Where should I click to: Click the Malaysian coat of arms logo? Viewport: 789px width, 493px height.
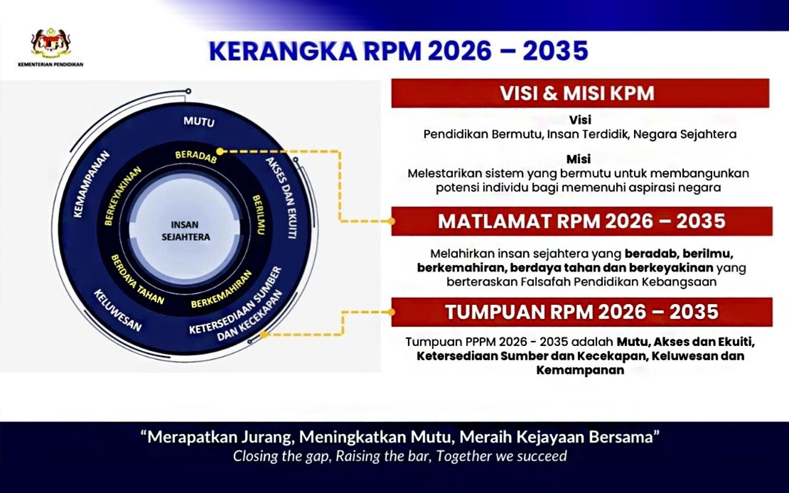51,43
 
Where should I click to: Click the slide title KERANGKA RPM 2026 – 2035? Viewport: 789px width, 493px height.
399,51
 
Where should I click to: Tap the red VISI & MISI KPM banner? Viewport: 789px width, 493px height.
580,93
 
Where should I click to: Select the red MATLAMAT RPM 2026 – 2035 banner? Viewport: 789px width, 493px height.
581,221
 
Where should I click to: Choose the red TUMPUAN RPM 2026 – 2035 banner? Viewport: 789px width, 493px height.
581,312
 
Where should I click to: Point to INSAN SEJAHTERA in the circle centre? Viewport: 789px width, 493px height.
185,231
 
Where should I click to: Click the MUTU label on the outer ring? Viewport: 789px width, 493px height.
199,122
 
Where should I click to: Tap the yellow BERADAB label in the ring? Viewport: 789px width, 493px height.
196,157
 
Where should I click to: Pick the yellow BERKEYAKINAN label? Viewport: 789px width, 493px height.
122,196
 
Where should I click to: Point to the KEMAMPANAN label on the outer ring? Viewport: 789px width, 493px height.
91,184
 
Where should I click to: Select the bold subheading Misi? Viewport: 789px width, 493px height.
579,159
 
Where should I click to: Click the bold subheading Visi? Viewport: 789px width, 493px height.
580,120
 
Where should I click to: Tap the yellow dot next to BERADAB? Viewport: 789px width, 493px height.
220,152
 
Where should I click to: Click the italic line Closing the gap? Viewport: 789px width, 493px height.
400,456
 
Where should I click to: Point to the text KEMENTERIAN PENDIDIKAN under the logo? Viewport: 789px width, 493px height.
51,65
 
